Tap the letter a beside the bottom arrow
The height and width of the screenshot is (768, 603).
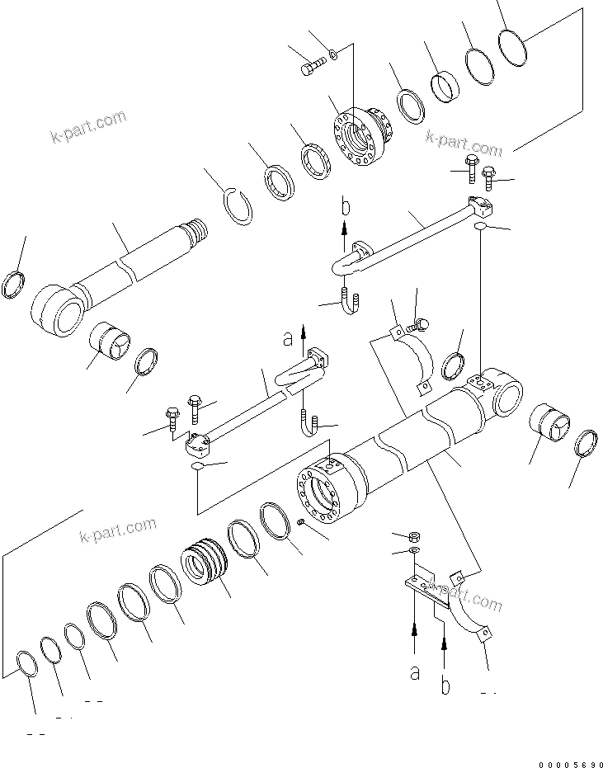coord(415,672)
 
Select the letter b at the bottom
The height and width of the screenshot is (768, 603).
coord(445,686)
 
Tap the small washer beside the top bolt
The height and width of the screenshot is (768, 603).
coord(332,55)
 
